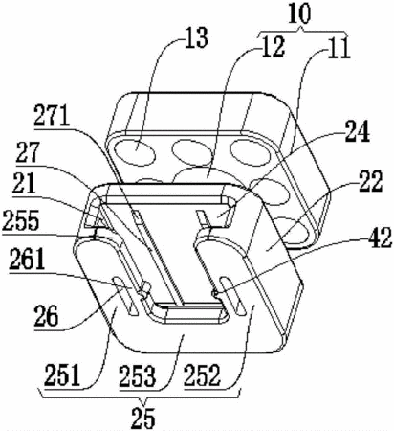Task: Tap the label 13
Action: pyautogui.click(x=197, y=37)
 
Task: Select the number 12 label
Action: pyautogui.click(x=273, y=47)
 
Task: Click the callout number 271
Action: pyautogui.click(x=52, y=116)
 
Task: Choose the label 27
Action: pyautogui.click(x=29, y=153)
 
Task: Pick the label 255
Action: pyautogui.click(x=20, y=220)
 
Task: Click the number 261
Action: pyautogui.click(x=27, y=261)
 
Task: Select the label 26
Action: pyautogui.click(x=46, y=316)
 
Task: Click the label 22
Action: pyautogui.click(x=370, y=181)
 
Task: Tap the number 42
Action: pyautogui.click(x=380, y=238)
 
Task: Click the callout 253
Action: pyautogui.click(x=138, y=375)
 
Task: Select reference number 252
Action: pyautogui.click(x=202, y=375)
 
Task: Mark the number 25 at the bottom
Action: pyautogui.click(x=143, y=418)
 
